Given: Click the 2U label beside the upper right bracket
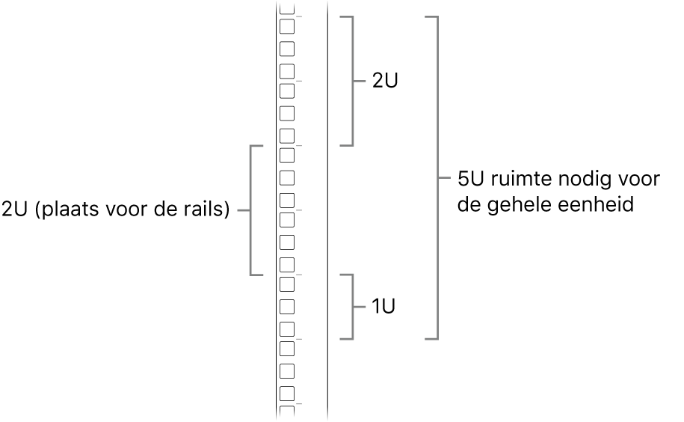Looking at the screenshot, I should [385, 81].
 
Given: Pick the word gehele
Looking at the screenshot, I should [524, 204].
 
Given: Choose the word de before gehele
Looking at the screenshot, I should [469, 204].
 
